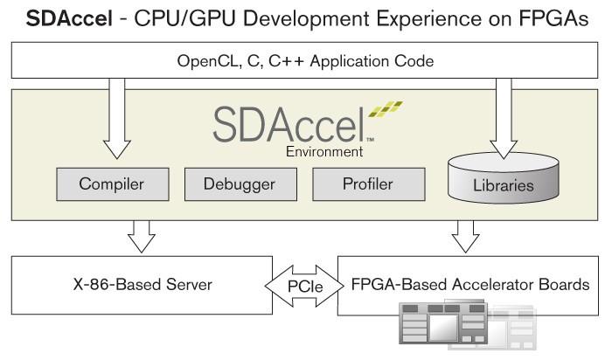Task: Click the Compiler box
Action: [x=111, y=184]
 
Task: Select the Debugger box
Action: [x=239, y=184]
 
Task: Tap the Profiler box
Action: [x=366, y=184]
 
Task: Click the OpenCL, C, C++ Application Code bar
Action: [x=305, y=61]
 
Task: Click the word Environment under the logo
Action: [x=324, y=151]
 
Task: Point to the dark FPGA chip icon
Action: [x=442, y=328]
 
